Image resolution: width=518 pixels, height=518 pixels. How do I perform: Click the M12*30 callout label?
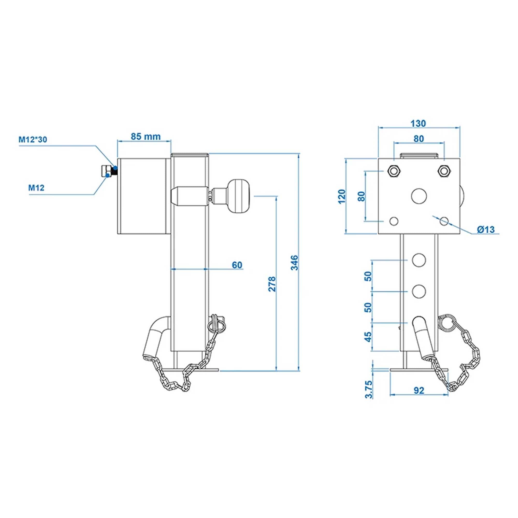pyautogui.click(x=33, y=140)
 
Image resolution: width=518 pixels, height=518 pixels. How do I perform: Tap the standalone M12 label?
pyautogui.click(x=37, y=188)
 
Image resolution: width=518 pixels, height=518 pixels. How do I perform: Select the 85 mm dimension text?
pyautogui.click(x=146, y=137)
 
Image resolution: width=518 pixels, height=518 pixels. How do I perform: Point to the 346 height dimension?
pyautogui.click(x=295, y=262)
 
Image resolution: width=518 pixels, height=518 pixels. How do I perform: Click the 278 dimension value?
pyautogui.click(x=272, y=284)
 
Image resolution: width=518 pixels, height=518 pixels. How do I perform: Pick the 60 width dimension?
pyautogui.click(x=237, y=265)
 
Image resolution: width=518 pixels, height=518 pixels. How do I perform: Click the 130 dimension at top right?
pyautogui.click(x=418, y=124)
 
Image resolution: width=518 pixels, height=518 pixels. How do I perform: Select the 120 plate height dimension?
pyautogui.click(x=342, y=196)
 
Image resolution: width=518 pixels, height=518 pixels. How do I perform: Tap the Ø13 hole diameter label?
pyautogui.click(x=486, y=229)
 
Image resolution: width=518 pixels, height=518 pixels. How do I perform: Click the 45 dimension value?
pyautogui.click(x=369, y=337)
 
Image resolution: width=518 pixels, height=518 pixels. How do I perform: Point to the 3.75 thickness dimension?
pyautogui.click(x=369, y=390)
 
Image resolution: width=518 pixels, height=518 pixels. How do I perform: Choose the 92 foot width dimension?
pyautogui.click(x=419, y=391)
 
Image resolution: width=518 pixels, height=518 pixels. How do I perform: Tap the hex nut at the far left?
pyautogui.click(x=106, y=171)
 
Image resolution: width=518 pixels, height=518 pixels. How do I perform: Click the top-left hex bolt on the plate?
pyautogui.click(x=393, y=171)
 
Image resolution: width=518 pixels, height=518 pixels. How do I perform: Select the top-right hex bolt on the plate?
pyautogui.click(x=444, y=171)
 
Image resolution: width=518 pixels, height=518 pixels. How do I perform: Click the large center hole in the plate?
pyautogui.click(x=419, y=196)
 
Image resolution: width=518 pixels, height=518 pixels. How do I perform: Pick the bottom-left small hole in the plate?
pyautogui.click(x=394, y=221)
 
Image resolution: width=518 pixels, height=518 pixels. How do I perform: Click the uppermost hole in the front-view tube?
pyautogui.click(x=419, y=260)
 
